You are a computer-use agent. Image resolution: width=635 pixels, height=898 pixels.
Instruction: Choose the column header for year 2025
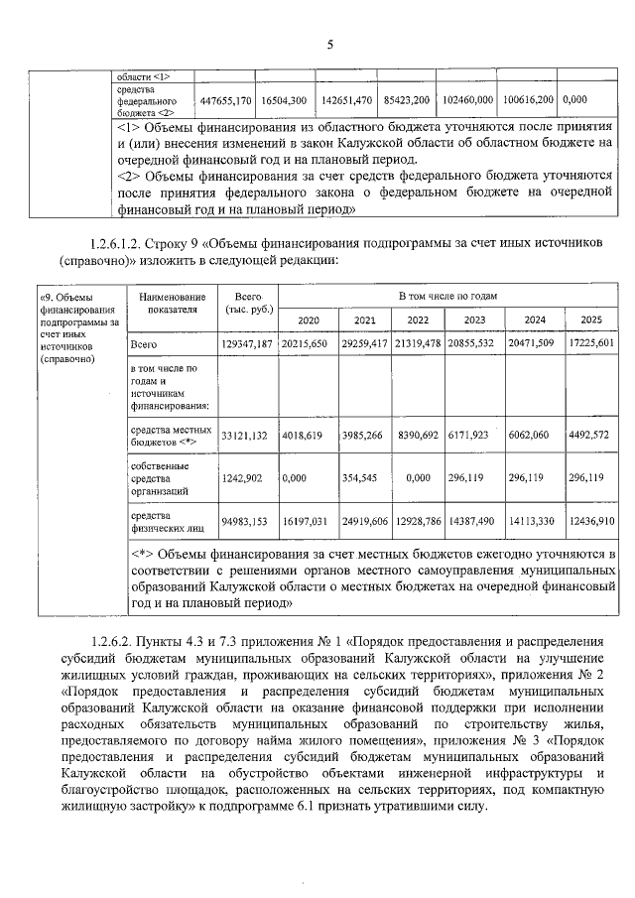pyautogui.click(x=591, y=320)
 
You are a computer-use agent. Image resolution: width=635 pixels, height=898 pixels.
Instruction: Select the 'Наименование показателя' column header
pyautogui.click(x=173, y=303)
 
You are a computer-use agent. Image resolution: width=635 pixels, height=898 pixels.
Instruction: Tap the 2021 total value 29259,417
pyautogui.click(x=370, y=343)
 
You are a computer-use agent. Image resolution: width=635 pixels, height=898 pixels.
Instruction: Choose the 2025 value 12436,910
pyautogui.click(x=591, y=520)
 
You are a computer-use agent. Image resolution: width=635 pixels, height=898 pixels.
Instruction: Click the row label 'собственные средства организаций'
pyautogui.click(x=159, y=477)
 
